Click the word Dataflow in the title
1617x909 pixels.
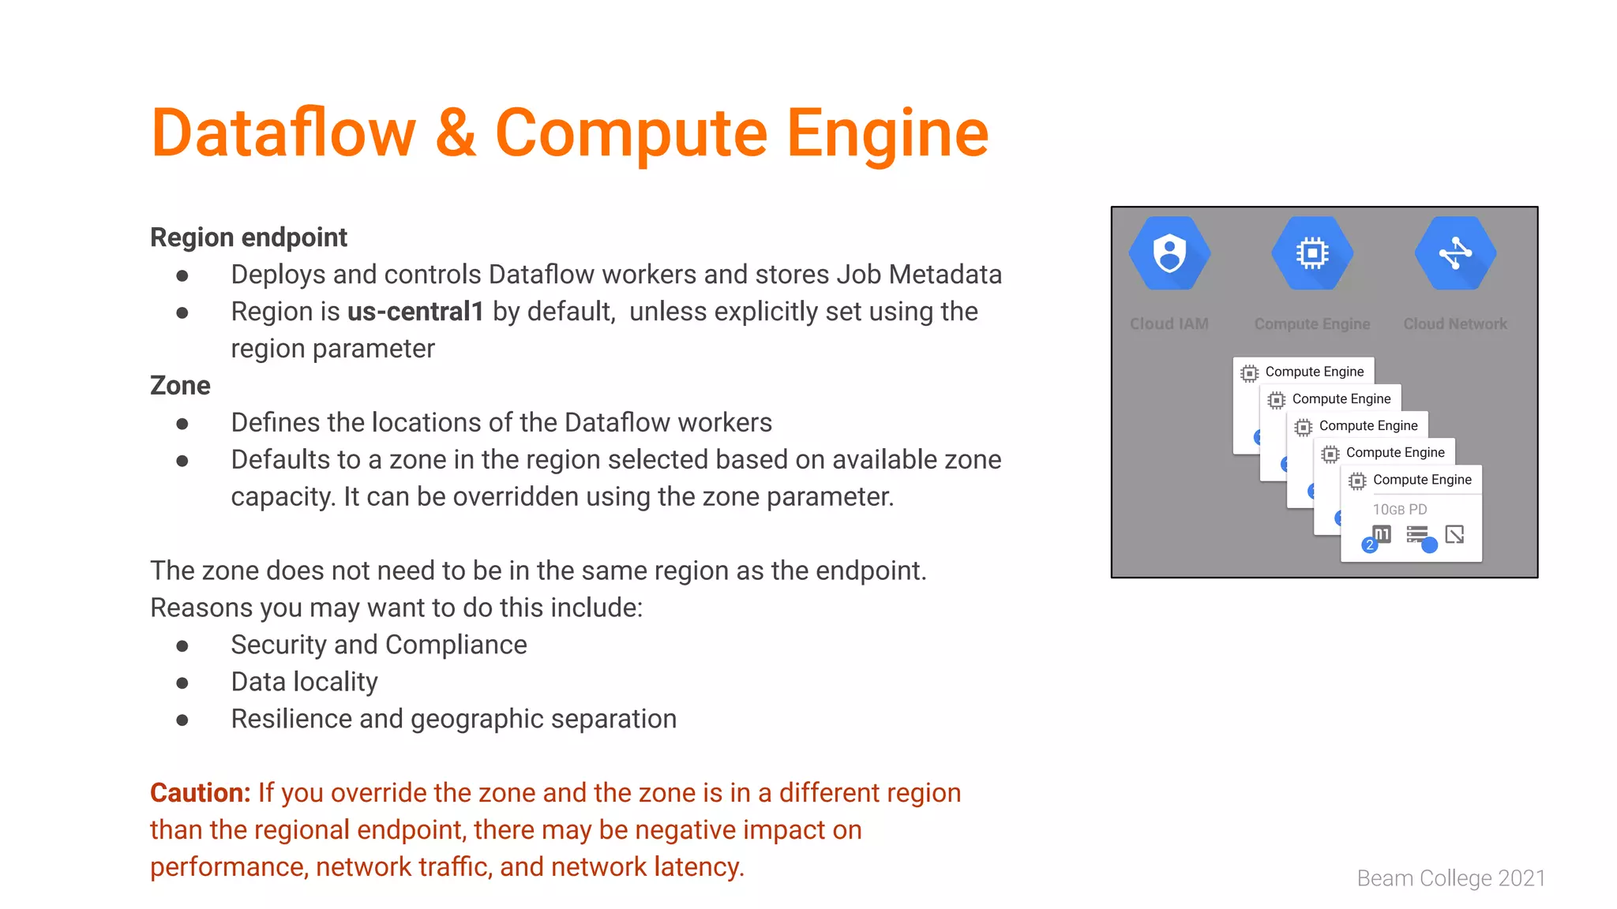[x=283, y=133]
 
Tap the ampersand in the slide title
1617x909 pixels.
[x=456, y=133]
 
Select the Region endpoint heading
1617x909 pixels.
[x=249, y=238]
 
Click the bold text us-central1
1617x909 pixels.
[x=415, y=312]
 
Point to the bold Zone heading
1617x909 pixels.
[x=180, y=386]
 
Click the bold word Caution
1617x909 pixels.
[x=200, y=793]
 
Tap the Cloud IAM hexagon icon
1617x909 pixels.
[x=1169, y=254]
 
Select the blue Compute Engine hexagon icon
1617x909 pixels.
[x=1312, y=254]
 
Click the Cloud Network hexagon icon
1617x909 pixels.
[x=1455, y=254]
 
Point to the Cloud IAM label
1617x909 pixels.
[x=1169, y=324]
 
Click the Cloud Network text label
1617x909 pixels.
[x=1455, y=324]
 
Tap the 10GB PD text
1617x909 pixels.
[x=1400, y=510]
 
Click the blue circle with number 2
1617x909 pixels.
[x=1370, y=544]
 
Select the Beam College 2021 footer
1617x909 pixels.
[x=1451, y=878]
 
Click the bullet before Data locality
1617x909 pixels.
[x=182, y=683]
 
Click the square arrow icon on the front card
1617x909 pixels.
[x=1454, y=535]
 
